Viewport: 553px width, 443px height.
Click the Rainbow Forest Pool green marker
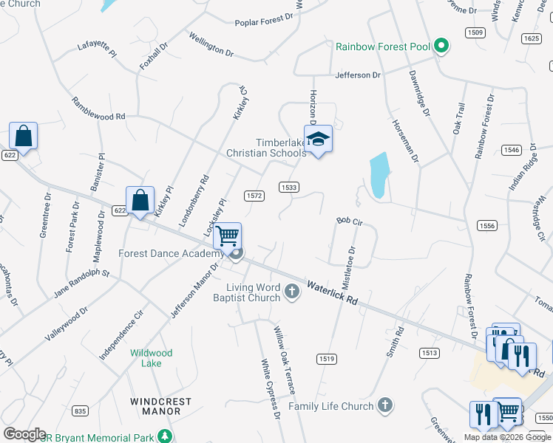coord(441,47)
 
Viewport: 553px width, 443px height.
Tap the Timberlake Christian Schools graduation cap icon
coord(318,140)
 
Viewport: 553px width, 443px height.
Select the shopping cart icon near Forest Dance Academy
coord(228,236)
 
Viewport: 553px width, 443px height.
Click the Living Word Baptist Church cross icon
coord(292,292)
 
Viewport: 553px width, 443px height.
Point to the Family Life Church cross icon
coord(384,405)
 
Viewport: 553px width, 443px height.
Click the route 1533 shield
coord(289,188)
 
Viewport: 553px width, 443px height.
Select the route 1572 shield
coord(254,195)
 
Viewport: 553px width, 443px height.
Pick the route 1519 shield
coord(327,359)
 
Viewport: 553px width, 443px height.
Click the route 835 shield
coord(81,411)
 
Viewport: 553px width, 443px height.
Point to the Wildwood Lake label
coord(152,358)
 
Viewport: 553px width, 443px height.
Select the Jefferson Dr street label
coord(357,75)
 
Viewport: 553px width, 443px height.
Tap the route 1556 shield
coord(486,226)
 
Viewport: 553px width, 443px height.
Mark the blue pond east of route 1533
coord(378,176)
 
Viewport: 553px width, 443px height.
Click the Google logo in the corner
coord(24,434)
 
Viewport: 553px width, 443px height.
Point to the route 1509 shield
coord(475,32)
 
